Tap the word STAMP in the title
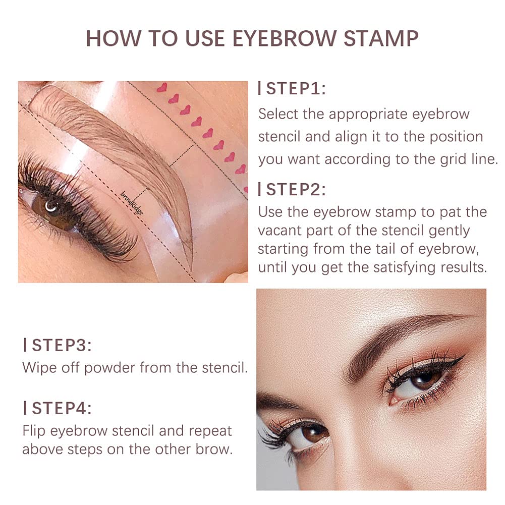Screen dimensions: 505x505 tap(381, 39)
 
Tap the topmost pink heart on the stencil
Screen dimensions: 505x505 tap(162, 88)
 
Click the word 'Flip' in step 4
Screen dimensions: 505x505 tap(34, 431)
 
